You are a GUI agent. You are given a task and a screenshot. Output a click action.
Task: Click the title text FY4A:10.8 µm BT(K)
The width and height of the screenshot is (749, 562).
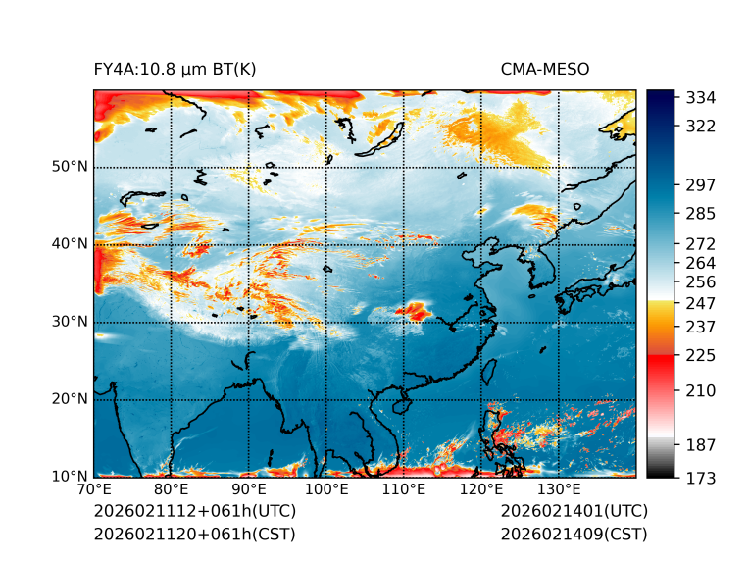pos(175,69)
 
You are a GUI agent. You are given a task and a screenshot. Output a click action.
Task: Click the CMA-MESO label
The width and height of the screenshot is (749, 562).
pos(544,69)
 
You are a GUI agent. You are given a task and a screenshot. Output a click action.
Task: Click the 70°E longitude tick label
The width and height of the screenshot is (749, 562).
pos(94,489)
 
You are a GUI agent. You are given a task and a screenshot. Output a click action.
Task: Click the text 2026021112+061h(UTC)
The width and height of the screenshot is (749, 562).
pos(194,511)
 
